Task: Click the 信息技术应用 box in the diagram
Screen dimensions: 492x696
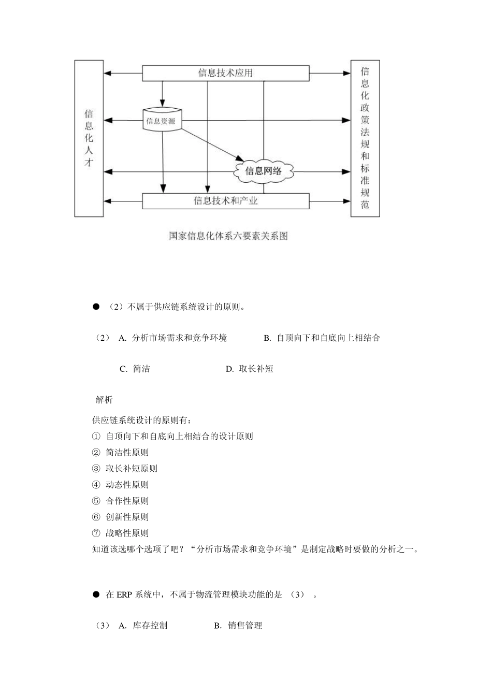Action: coord(225,73)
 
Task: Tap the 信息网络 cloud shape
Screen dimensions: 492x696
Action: coord(264,171)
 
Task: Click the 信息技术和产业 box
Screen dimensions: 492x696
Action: coord(225,201)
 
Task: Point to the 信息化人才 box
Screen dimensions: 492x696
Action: coord(89,138)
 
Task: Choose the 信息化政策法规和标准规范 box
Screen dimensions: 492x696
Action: coord(365,138)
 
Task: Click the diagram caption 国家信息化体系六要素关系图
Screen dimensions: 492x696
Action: coord(228,236)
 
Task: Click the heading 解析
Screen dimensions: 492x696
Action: coord(104,400)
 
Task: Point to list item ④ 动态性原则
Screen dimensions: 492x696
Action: coord(127,485)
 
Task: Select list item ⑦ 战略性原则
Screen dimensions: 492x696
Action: coord(127,533)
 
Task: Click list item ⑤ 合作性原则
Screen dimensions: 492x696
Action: coord(127,501)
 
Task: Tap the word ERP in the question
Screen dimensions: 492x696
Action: coord(124,595)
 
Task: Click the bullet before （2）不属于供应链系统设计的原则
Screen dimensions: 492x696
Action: coord(96,307)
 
